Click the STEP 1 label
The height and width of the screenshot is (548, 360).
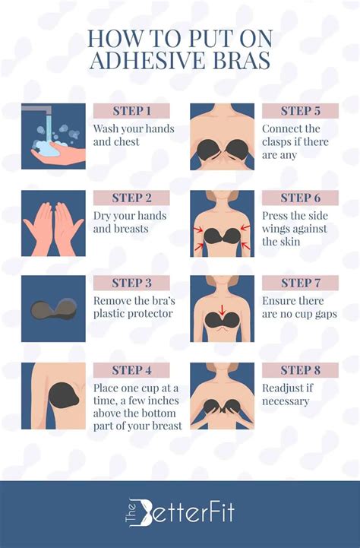[x=131, y=111]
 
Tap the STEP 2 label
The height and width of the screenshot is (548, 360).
[x=131, y=198]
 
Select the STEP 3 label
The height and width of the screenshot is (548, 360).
[x=131, y=283]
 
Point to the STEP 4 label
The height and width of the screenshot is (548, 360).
[x=131, y=370]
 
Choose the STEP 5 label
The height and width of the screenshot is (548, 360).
[x=300, y=111]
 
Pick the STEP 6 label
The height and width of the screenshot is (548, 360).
[x=300, y=198]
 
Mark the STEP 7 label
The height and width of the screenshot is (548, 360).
[x=300, y=283]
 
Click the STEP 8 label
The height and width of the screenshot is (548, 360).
[x=300, y=370]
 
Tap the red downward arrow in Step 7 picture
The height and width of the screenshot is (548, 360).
[x=222, y=309]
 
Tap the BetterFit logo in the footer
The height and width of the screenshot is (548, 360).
[x=179, y=515]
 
